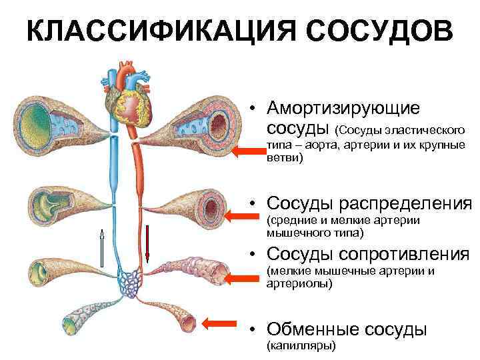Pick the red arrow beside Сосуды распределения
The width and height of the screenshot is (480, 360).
(x=238, y=215)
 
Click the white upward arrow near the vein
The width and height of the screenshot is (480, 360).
(x=102, y=247)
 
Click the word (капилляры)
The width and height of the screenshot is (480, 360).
(x=301, y=345)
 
